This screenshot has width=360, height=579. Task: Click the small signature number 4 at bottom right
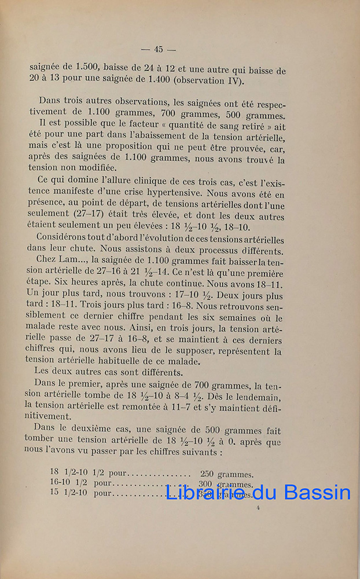(258, 508)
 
